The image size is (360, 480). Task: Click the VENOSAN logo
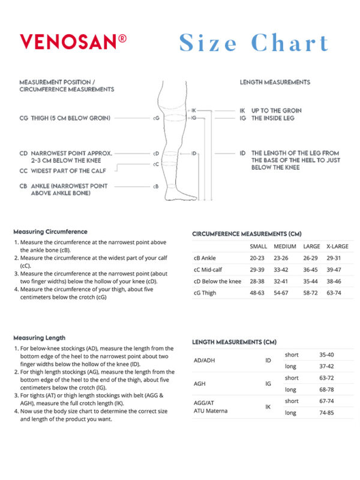pos(73,42)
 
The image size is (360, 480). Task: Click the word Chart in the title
pos(290,43)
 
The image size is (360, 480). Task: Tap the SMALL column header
pos(258,247)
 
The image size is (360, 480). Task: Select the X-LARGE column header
pos(337,247)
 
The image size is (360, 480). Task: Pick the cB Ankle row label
pos(205,258)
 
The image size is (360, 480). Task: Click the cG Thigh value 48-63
pos(258,293)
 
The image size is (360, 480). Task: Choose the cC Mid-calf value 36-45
pos(311,269)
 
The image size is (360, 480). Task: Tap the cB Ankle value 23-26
pos(284,258)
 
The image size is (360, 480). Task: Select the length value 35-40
pos(327,355)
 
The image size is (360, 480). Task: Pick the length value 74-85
pos(327,413)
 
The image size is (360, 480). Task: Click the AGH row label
pos(200,383)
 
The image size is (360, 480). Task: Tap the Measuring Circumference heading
pos(50,232)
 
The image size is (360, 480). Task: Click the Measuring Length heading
pos(40,338)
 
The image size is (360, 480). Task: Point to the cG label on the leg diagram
pos(156,118)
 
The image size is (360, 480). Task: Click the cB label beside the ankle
pos(155,186)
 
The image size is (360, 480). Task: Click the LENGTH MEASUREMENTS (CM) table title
pos(234,342)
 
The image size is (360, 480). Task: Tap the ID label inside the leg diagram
pos(194,154)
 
